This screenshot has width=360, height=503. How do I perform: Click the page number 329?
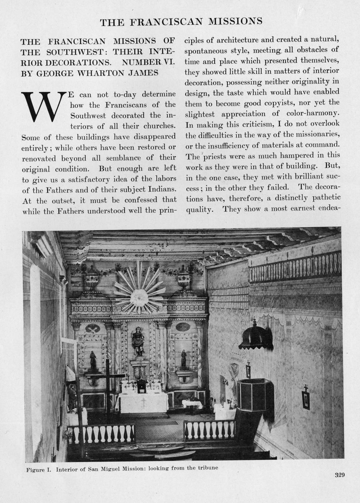click(339, 475)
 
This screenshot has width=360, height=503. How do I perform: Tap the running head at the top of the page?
click(181, 22)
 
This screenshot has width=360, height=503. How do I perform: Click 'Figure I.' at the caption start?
click(38, 469)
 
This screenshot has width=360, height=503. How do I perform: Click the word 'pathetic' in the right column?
click(324, 197)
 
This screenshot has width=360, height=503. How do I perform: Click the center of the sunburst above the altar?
click(139, 297)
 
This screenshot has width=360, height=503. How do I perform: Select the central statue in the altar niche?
click(138, 341)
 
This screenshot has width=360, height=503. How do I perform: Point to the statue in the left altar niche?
click(93, 360)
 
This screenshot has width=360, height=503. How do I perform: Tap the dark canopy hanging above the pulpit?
click(256, 336)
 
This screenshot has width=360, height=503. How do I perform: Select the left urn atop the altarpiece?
click(92, 279)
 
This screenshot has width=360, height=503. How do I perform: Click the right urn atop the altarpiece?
click(183, 279)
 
